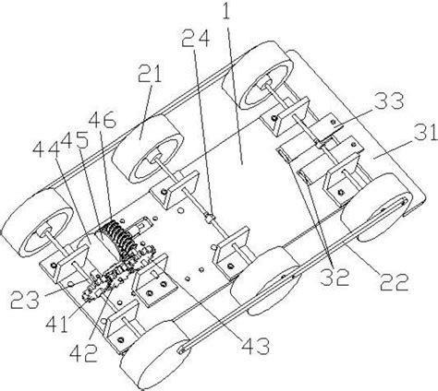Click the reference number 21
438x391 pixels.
click(150, 74)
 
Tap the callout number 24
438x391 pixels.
click(195, 39)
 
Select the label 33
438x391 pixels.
click(390, 101)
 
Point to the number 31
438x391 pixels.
click(425, 132)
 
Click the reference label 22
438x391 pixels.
click(395, 281)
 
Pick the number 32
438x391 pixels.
click(335, 277)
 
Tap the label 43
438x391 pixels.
click(255, 346)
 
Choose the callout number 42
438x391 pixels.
click(84, 354)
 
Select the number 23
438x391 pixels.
click(25, 300)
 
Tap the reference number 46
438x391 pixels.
click(103, 120)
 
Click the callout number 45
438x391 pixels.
click(74, 142)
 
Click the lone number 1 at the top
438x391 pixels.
click(226, 10)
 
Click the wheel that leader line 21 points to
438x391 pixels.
click(147, 149)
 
